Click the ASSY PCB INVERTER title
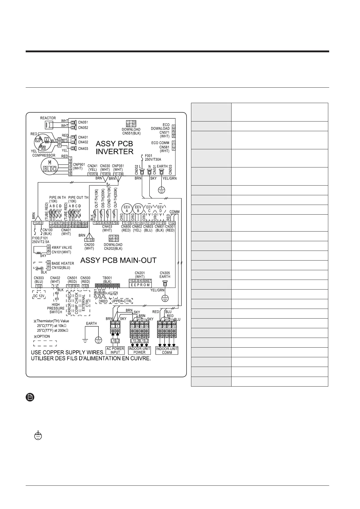click(114, 147)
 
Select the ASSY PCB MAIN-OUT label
click(118, 260)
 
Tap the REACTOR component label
click(48, 118)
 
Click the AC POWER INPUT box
click(115, 350)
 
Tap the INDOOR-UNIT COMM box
click(167, 350)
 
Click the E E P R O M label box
click(140, 285)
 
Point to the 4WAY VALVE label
click(62, 248)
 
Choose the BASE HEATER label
click(63, 263)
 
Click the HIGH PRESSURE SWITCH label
click(56, 308)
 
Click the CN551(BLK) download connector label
click(131, 133)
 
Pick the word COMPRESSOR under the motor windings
click(44, 155)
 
